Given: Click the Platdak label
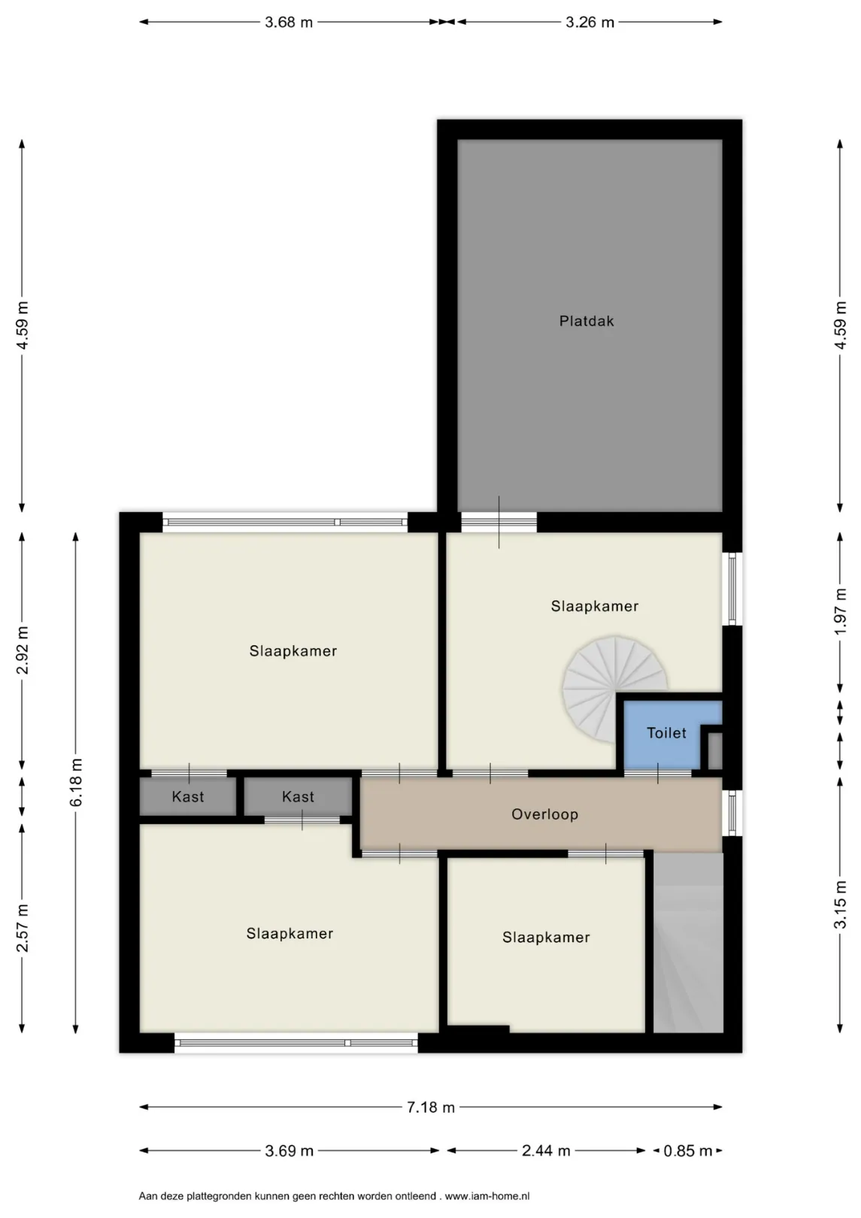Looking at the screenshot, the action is (x=586, y=321).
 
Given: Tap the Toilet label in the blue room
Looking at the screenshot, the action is (x=665, y=732).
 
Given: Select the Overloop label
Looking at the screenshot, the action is (x=544, y=814).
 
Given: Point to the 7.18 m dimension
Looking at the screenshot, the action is (x=431, y=1107).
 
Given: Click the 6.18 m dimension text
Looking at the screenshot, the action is (x=76, y=783).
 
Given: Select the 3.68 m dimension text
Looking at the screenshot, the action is (x=289, y=23).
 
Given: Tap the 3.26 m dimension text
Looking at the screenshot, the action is (x=590, y=23).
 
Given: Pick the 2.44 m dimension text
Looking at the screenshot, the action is (x=545, y=1150).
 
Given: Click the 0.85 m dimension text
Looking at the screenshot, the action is (x=687, y=1150).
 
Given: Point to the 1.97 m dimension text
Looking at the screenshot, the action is (x=841, y=611).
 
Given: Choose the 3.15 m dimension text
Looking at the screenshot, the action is (x=841, y=904).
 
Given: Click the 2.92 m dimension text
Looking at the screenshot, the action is (x=23, y=650).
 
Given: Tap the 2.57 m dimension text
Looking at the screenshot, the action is (x=23, y=929).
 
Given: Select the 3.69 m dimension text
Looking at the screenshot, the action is (x=289, y=1150).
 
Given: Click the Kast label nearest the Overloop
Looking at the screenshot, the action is (x=298, y=797).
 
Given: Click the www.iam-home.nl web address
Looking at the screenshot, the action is (x=487, y=1195).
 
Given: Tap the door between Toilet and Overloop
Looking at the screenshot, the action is (x=657, y=773).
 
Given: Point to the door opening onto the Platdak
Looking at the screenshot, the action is (x=499, y=522).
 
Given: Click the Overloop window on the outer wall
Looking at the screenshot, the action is (x=732, y=812).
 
